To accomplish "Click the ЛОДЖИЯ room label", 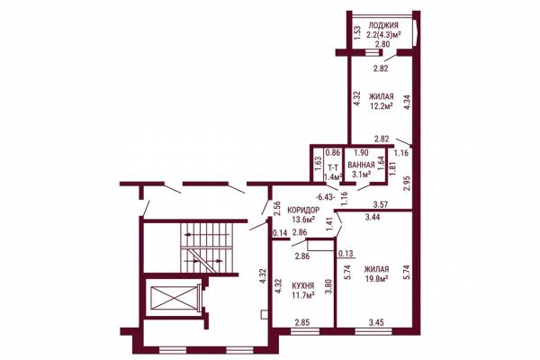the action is (x=383, y=25).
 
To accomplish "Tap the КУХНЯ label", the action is (x=303, y=285).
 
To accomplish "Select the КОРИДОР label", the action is (x=303, y=210).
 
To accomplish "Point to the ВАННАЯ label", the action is (x=361, y=165).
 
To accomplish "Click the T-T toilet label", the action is (x=333, y=168).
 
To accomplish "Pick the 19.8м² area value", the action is (x=377, y=278).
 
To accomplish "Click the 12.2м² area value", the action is (x=382, y=106).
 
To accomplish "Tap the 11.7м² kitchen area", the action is (x=303, y=295).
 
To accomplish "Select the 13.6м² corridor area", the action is (x=303, y=220).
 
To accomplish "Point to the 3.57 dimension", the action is (x=381, y=204).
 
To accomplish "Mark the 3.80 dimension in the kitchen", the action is (x=329, y=285).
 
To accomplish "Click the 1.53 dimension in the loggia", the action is (x=357, y=33).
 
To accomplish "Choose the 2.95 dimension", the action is (x=407, y=184).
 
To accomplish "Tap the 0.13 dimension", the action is (x=346, y=254).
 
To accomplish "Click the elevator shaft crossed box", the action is (x=174, y=298).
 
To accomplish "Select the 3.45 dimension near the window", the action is (x=376, y=322).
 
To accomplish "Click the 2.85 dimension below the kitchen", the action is (x=302, y=322).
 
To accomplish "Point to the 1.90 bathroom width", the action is (x=361, y=152).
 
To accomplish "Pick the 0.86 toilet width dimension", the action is (x=333, y=152).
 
